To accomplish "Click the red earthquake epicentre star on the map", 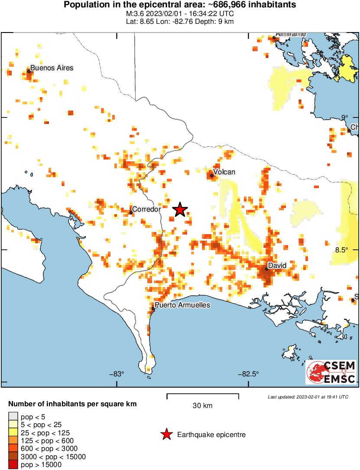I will click(180, 210).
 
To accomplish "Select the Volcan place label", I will click(225, 172).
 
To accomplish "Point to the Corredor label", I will click(146, 209).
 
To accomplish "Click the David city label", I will click(277, 265).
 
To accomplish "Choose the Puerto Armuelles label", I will click(182, 305).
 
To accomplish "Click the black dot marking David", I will click(266, 269).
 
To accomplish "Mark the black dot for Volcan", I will click(212, 176).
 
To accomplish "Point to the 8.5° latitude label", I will click(341, 250).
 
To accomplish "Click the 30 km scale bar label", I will click(202, 406).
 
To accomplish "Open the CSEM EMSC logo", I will click(331, 372).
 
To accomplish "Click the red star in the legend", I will click(165, 434).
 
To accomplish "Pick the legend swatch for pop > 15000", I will click(13, 465).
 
